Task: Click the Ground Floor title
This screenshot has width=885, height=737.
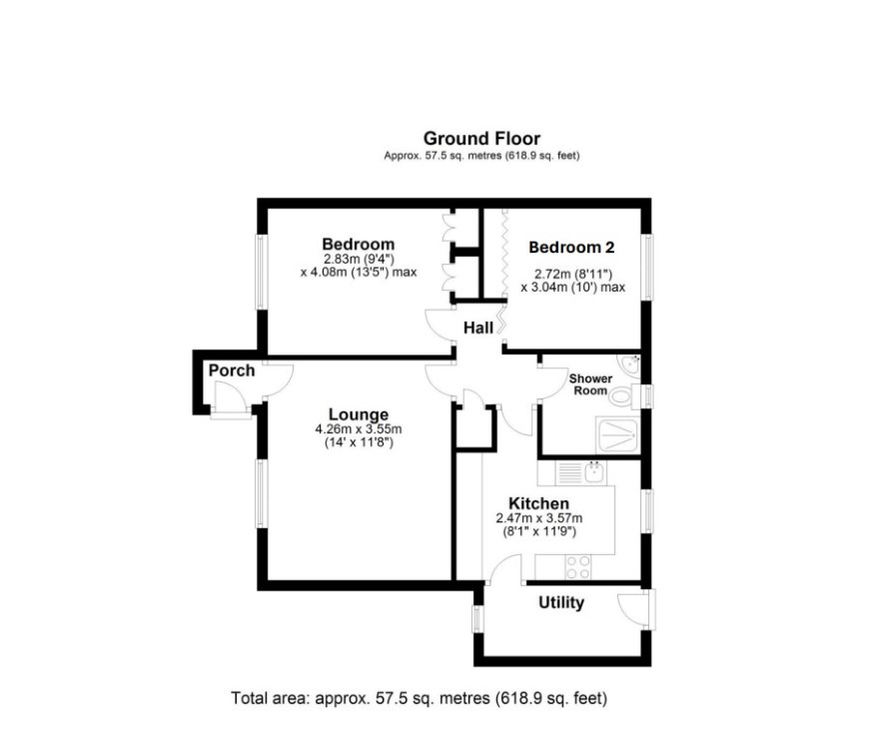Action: (481, 138)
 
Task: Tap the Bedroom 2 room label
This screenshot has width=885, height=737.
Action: (571, 248)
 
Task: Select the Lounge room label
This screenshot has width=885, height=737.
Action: (359, 414)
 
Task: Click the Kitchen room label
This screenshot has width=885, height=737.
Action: (538, 503)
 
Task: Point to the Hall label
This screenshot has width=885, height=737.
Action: (478, 328)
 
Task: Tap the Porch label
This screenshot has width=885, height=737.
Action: (232, 370)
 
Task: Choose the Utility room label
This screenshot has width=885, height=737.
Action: (561, 603)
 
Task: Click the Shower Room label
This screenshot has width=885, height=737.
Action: (590, 384)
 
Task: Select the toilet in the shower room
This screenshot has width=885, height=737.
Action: (624, 396)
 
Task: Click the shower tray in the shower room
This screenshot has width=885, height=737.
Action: (617, 435)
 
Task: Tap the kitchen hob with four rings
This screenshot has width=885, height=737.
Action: (578, 567)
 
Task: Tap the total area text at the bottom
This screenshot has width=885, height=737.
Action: (420, 699)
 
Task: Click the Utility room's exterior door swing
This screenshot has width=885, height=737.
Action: (633, 609)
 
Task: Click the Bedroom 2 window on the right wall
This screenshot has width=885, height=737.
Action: (646, 268)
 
